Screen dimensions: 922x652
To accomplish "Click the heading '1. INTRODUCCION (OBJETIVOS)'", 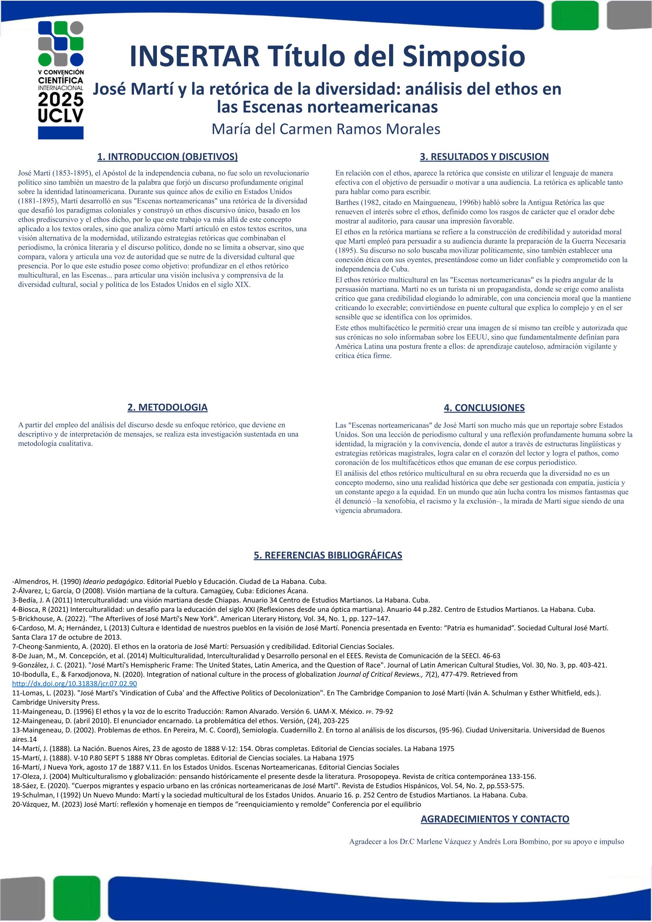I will coord(167,157).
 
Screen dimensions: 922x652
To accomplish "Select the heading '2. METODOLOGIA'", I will coord(167,407).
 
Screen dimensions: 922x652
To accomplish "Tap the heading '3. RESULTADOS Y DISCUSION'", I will coord(484,157).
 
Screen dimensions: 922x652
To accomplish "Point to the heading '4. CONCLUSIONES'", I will coord(484,408).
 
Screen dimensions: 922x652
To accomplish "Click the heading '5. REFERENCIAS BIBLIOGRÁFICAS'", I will coord(327,555).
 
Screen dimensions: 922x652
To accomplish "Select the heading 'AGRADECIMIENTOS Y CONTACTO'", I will coord(495,819).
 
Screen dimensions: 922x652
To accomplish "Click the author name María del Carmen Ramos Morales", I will coord(326,129).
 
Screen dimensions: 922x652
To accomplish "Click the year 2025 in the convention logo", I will coord(61,100).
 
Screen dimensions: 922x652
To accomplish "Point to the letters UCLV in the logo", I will coord(61,116).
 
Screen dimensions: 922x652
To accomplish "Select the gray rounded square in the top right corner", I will coord(629,15).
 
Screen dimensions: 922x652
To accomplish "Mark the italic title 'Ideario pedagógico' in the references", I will coord(113,582).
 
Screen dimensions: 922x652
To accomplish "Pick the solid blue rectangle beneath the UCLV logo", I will coord(61,132).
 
